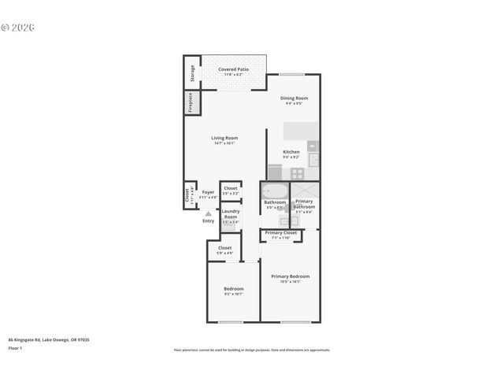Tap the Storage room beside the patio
click(191, 73)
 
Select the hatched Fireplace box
click(190, 102)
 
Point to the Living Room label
click(224, 138)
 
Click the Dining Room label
click(294, 98)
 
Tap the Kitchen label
click(291, 152)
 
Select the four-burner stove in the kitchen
click(298, 173)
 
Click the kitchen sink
click(313, 159)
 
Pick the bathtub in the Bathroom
click(275, 191)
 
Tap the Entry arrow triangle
click(208, 213)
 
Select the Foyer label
click(208, 192)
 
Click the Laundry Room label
click(231, 213)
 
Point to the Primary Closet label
click(281, 233)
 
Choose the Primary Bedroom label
click(290, 276)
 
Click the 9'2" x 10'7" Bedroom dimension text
click(234, 294)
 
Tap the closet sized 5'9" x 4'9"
click(225, 250)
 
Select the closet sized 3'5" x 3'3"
click(231, 190)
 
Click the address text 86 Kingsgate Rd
click(48, 339)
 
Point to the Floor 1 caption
click(15, 347)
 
